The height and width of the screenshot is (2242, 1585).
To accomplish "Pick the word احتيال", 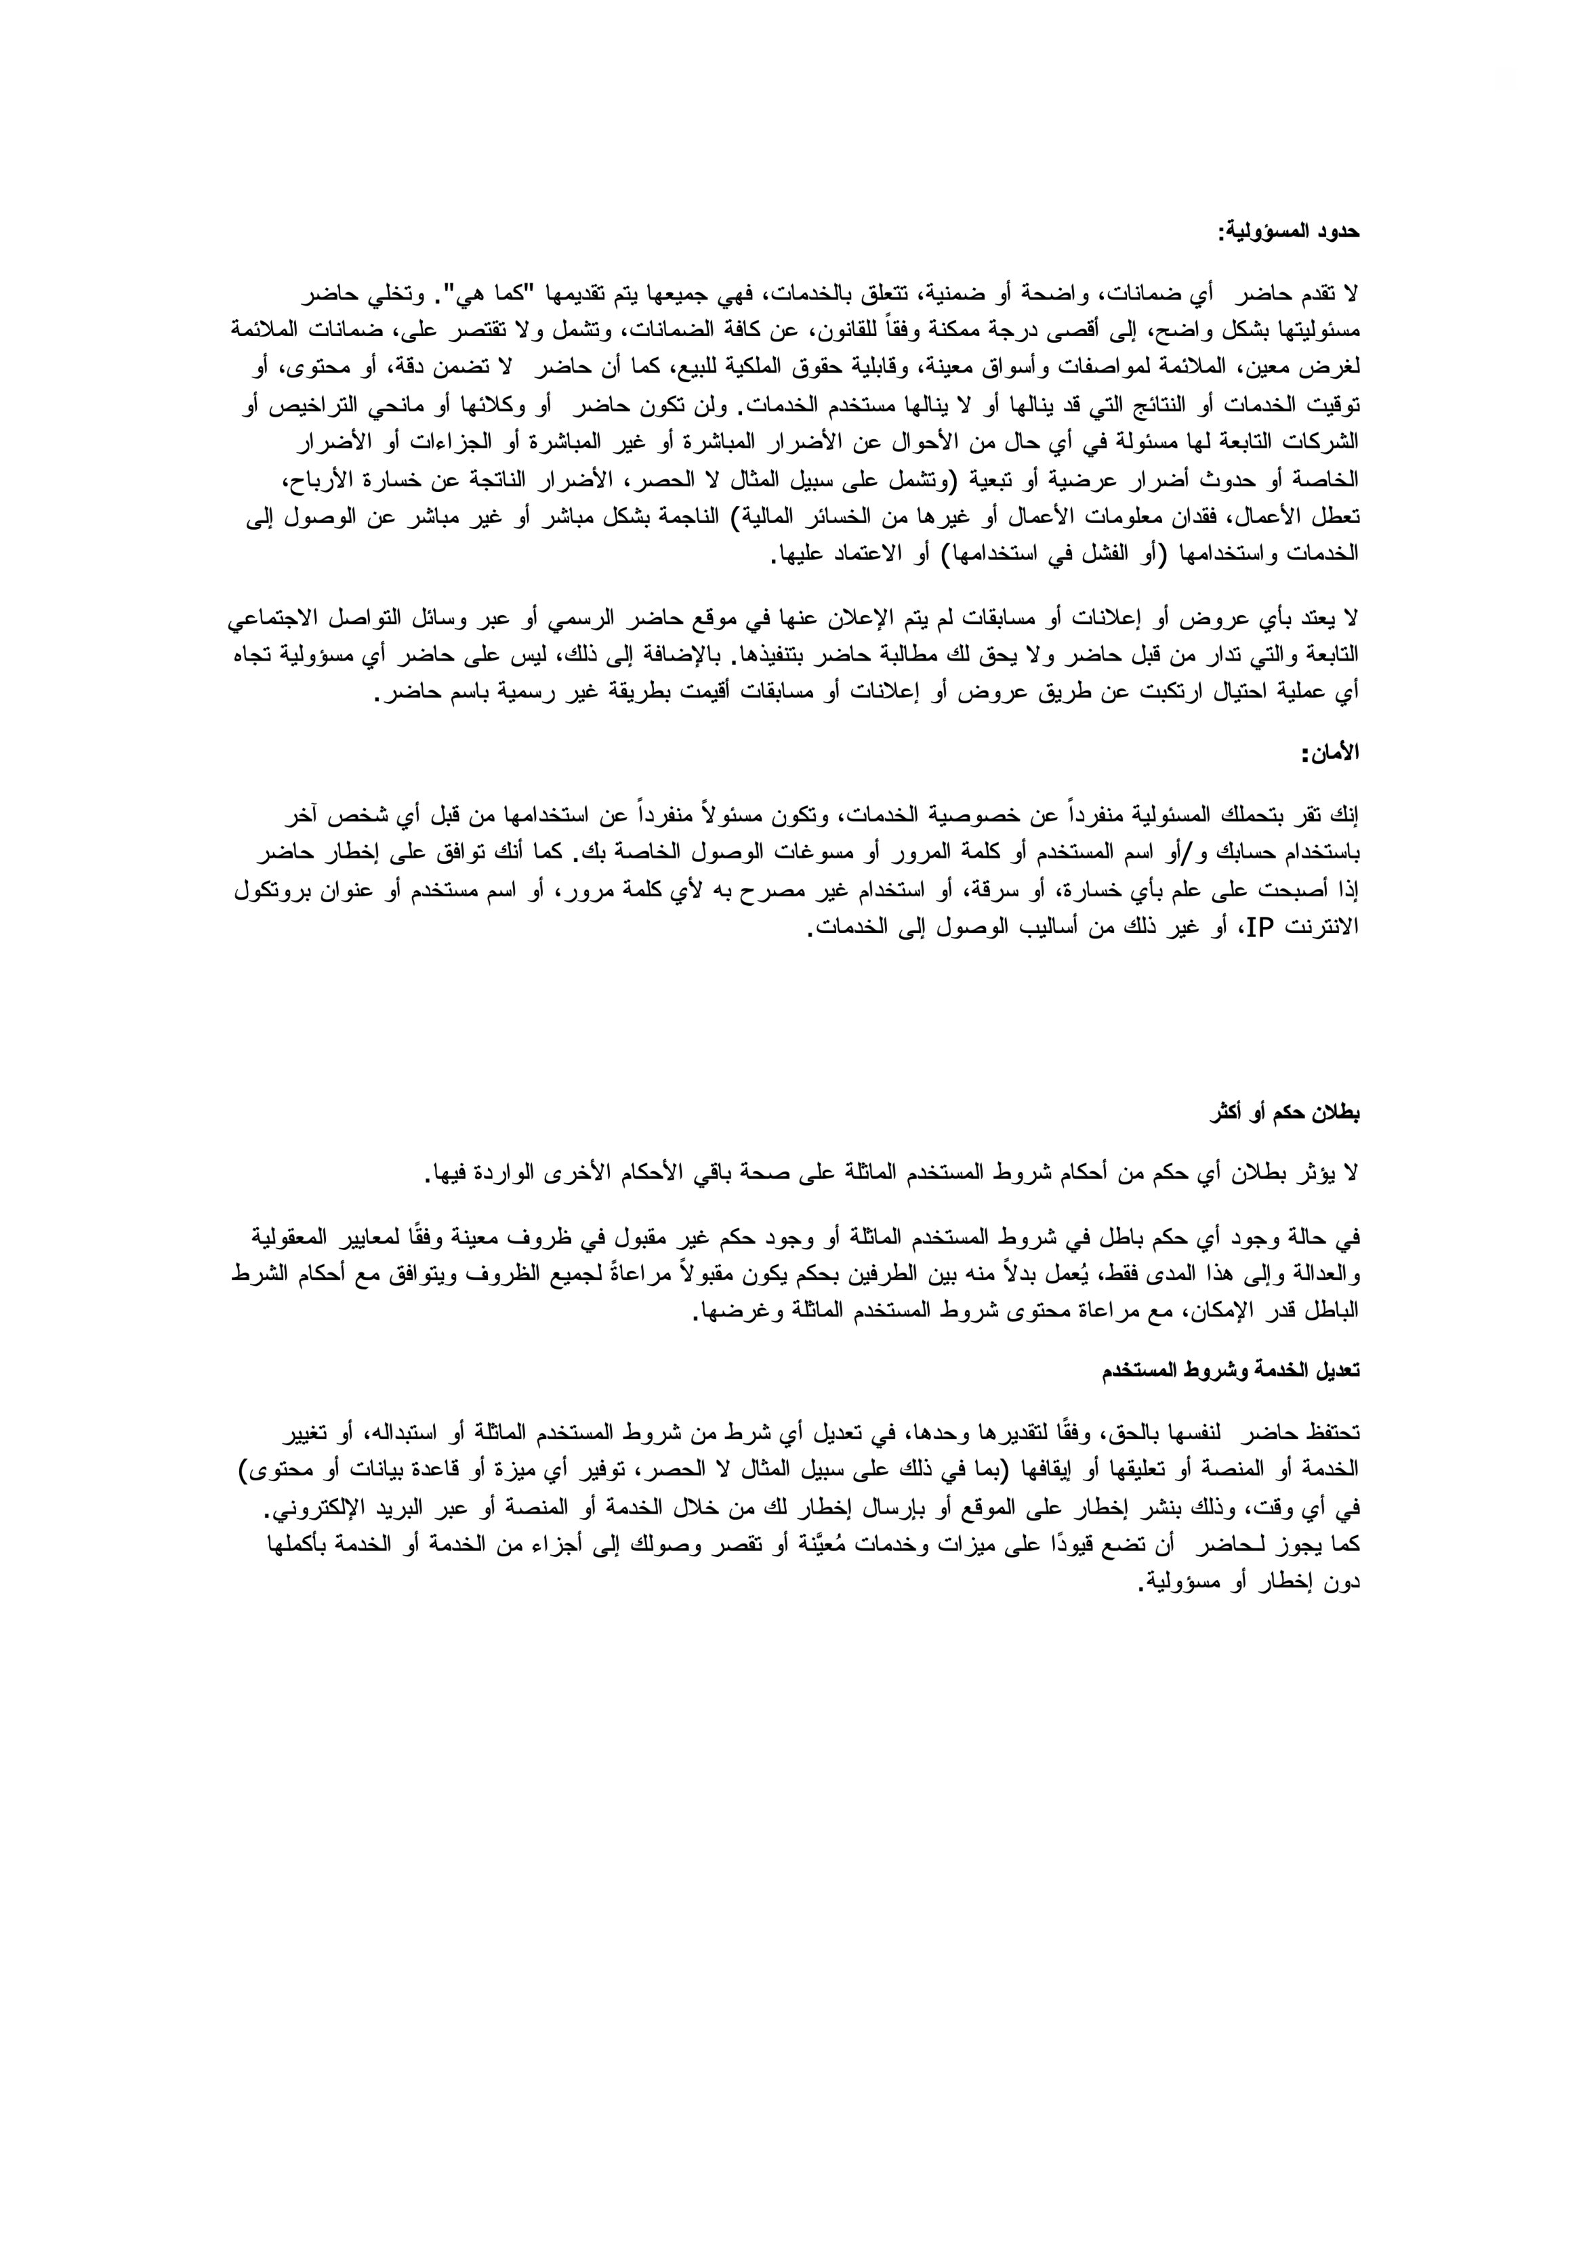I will point(1209,694).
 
